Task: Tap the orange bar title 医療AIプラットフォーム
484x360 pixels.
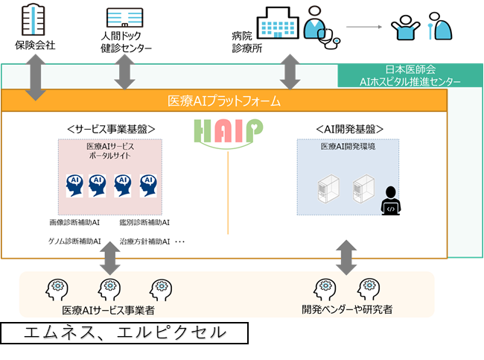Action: (223, 101)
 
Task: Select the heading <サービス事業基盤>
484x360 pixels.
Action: (110, 128)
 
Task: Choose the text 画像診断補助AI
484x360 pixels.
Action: (75, 222)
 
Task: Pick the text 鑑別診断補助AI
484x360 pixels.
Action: (144, 222)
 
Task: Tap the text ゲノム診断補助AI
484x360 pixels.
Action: (75, 241)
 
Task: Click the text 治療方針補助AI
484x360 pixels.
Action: (144, 241)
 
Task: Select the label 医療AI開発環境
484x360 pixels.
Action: (348, 147)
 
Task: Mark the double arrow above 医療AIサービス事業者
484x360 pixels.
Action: (111, 258)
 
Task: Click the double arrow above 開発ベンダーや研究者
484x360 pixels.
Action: (346, 258)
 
